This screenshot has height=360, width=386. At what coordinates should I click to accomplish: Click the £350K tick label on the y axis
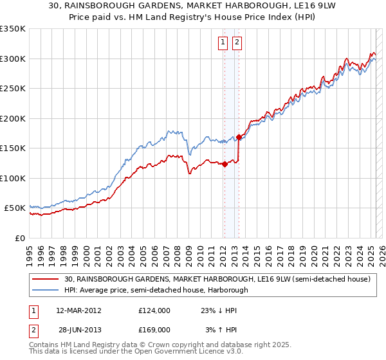13,29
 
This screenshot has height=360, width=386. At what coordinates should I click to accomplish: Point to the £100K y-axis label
13,178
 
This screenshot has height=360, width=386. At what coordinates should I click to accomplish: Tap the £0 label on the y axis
19,238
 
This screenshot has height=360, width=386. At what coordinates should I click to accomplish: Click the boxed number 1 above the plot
223,43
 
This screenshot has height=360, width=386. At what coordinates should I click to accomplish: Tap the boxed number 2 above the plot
237,43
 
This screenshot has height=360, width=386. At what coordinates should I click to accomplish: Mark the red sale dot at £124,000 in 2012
225,164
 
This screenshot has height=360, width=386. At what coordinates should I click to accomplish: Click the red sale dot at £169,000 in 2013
239,137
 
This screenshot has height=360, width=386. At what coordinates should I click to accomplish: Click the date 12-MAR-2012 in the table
79,310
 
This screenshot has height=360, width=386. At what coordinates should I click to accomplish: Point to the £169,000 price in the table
154,329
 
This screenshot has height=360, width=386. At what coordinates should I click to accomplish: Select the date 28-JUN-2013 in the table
79,329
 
